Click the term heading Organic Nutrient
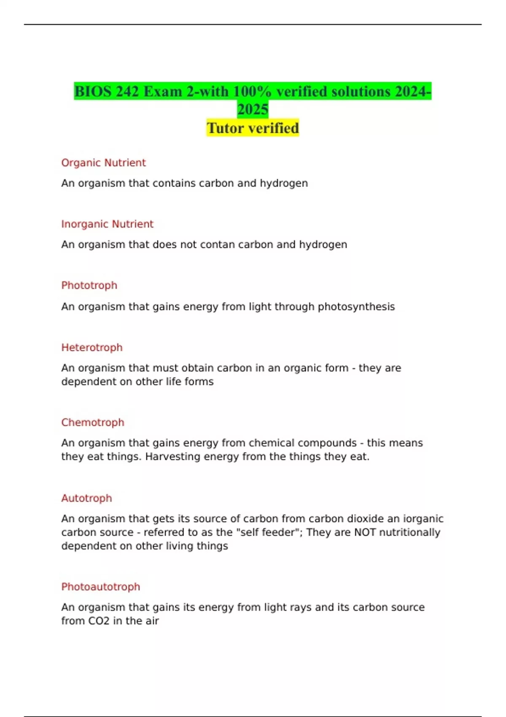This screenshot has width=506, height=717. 103,163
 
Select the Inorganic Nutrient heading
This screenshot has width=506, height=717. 107,224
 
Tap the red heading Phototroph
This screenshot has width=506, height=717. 89,286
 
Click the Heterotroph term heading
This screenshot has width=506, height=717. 92,348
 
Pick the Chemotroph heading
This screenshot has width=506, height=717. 93,423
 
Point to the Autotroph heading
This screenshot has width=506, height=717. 86,499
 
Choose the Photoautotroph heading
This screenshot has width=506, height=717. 100,587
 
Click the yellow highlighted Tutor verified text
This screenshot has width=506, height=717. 253,128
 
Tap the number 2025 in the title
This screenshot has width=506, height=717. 253,110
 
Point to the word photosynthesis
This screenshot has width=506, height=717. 356,307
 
